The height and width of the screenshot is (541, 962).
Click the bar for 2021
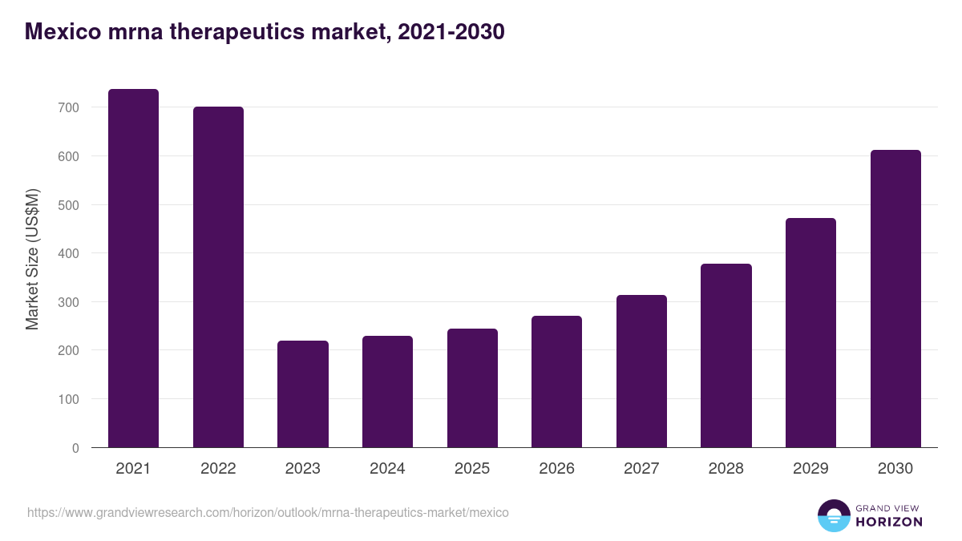133,268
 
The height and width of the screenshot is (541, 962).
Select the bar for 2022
218,277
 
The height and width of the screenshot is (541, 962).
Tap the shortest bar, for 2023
303,394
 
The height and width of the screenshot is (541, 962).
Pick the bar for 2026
556,382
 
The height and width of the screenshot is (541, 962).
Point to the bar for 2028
726,356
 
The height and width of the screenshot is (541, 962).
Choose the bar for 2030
895,299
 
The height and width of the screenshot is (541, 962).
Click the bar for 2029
810,333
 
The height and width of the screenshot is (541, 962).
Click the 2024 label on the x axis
387,469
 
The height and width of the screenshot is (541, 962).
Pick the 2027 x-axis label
641,469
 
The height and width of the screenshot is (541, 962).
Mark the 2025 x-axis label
472,469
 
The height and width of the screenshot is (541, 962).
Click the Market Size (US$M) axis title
32,259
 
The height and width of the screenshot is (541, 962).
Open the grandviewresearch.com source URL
268,512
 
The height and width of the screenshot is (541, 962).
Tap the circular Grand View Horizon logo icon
833,516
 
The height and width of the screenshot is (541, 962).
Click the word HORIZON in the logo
889,522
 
